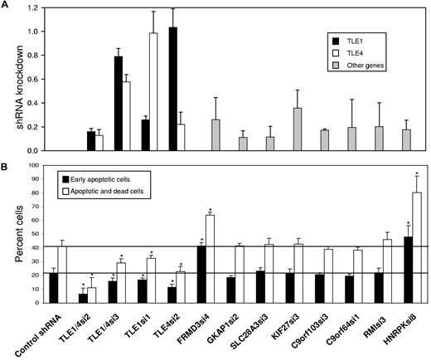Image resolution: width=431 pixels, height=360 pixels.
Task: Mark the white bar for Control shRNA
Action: click(x=61, y=274)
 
